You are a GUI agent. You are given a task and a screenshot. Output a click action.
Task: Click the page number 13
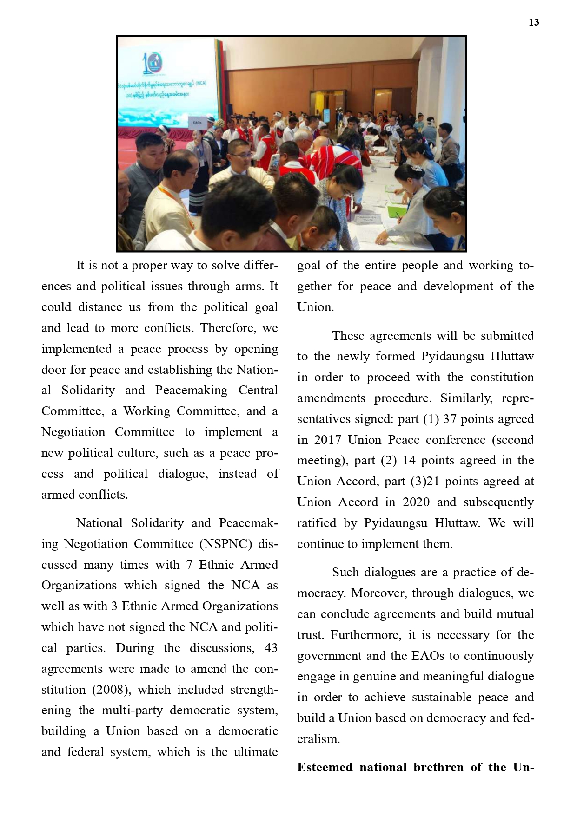[x=533, y=22]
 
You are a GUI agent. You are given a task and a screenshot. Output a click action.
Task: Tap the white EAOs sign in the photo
[x=198, y=123]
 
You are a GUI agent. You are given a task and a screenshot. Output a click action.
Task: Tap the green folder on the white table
[x=397, y=215]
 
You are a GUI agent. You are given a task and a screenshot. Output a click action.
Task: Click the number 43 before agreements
[x=271, y=648]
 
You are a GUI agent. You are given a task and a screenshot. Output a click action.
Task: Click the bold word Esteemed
[x=325, y=767]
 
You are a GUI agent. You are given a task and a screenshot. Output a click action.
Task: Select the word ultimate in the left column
[x=255, y=752]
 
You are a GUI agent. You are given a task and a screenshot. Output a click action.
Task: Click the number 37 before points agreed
[x=450, y=419]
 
